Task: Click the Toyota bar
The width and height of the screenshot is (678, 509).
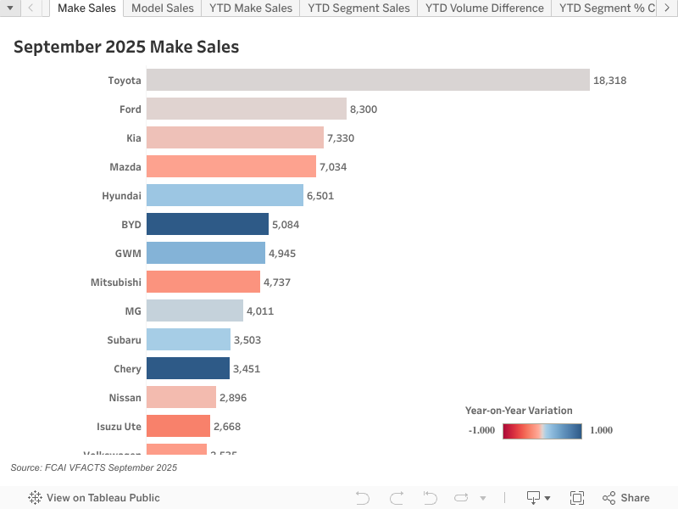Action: tap(368, 80)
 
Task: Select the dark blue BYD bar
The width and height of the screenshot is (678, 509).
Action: tap(208, 224)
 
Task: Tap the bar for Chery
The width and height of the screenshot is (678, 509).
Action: tap(188, 368)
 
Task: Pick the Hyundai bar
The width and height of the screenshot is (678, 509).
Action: tap(225, 195)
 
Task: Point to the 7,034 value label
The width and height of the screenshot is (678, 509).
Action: tap(333, 167)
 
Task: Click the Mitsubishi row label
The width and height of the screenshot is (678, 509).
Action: tap(116, 282)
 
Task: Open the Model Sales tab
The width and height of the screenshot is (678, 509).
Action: tap(163, 8)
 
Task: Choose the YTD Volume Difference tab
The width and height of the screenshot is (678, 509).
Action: tap(484, 8)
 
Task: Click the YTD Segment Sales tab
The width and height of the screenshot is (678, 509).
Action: tap(358, 8)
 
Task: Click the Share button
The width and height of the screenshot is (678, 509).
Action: tap(626, 498)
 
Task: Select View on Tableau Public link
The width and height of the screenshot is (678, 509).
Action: tap(94, 498)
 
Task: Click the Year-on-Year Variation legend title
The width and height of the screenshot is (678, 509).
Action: tap(519, 411)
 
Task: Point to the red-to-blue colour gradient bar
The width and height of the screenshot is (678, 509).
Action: tap(542, 430)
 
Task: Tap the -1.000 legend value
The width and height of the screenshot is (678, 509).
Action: tap(481, 430)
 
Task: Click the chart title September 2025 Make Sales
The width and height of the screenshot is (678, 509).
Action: tap(126, 48)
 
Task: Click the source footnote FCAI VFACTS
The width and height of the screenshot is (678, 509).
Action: tap(94, 467)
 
